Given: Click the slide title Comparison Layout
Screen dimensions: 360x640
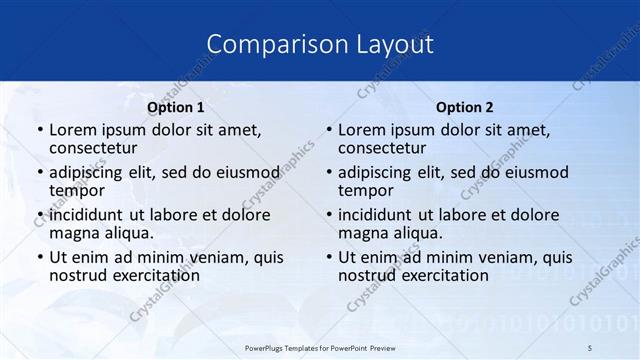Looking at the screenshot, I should pyautogui.click(x=320, y=44).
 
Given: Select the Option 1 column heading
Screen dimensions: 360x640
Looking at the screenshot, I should pyautogui.click(x=176, y=107).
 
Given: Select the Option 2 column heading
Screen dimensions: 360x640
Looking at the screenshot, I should pyautogui.click(x=465, y=107).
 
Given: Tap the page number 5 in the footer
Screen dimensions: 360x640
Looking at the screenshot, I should pyautogui.click(x=590, y=347).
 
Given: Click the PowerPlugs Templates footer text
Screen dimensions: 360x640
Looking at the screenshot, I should pyautogui.click(x=319, y=347).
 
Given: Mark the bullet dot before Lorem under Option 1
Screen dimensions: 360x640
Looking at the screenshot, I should pyautogui.click(x=39, y=131).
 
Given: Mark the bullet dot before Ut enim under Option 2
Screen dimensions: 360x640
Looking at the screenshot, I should pyautogui.click(x=328, y=257).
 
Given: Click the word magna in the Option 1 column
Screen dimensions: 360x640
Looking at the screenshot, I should pyautogui.click(x=74, y=233).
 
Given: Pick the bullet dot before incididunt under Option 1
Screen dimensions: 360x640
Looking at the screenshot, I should pyautogui.click(x=39, y=215).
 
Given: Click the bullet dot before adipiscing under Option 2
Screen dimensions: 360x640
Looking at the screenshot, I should pyautogui.click(x=328, y=173).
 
